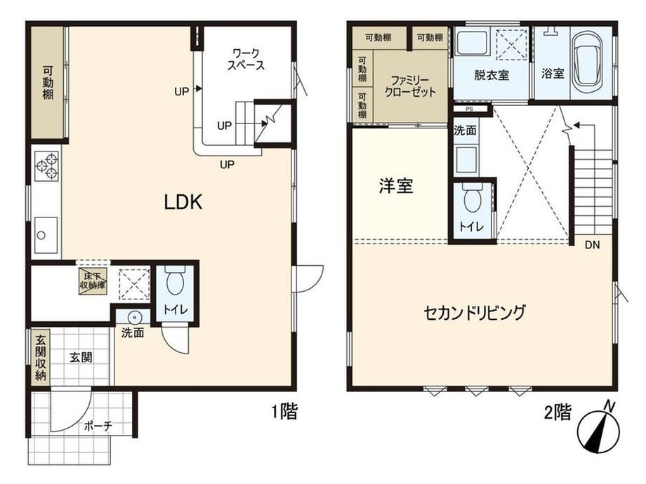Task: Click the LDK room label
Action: tap(183, 202)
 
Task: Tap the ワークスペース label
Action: tap(246, 59)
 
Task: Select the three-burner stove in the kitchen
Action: tap(46, 166)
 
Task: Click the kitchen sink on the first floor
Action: tap(46, 235)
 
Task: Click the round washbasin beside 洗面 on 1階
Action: tap(134, 318)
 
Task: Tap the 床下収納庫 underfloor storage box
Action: tap(93, 281)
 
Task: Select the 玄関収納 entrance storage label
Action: tap(41, 358)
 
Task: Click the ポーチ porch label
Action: tap(98, 426)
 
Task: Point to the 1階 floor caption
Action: tap(284, 411)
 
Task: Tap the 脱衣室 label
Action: tap(491, 75)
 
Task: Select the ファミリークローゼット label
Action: tap(410, 86)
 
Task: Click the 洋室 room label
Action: tap(395, 186)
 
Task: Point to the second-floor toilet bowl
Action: tap(472, 198)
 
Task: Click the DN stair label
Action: tap(592, 245)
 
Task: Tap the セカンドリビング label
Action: tap(475, 313)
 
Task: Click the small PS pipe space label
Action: tap(469, 109)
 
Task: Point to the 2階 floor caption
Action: tap(558, 412)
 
